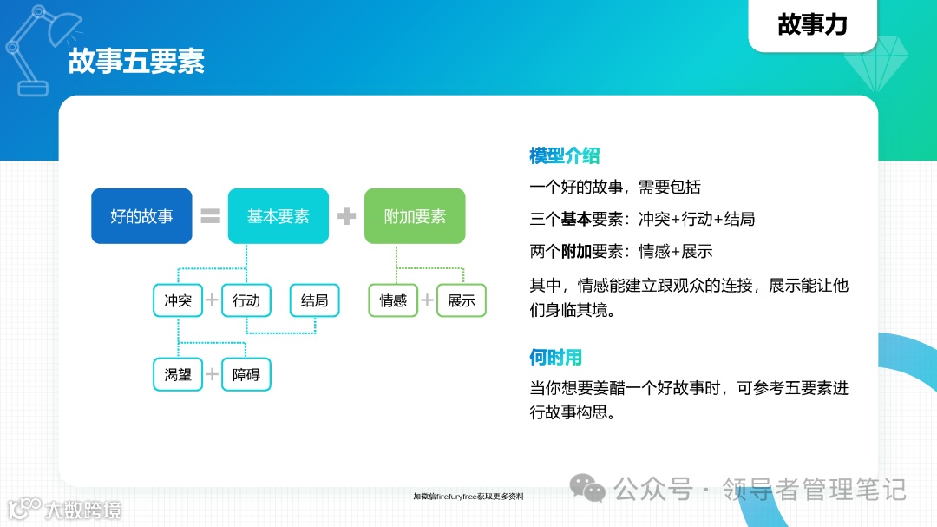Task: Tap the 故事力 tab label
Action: pos(812,24)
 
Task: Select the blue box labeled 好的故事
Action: pos(141,216)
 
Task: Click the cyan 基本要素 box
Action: pos(278,216)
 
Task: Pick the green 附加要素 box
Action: pos(415,216)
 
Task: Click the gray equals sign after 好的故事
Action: pos(210,216)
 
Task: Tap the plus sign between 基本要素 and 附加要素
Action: pos(347,216)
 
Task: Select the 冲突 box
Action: pos(178,300)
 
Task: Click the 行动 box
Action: pos(246,300)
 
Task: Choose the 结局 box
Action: pos(315,300)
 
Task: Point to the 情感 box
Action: pos(393,300)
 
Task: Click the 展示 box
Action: pos(462,300)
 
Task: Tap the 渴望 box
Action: pos(178,374)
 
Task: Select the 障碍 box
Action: pos(246,374)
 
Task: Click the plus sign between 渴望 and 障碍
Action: pos(212,374)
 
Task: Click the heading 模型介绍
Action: pos(565,156)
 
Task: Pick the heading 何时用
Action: pos(555,357)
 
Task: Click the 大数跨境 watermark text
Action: pos(84,510)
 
